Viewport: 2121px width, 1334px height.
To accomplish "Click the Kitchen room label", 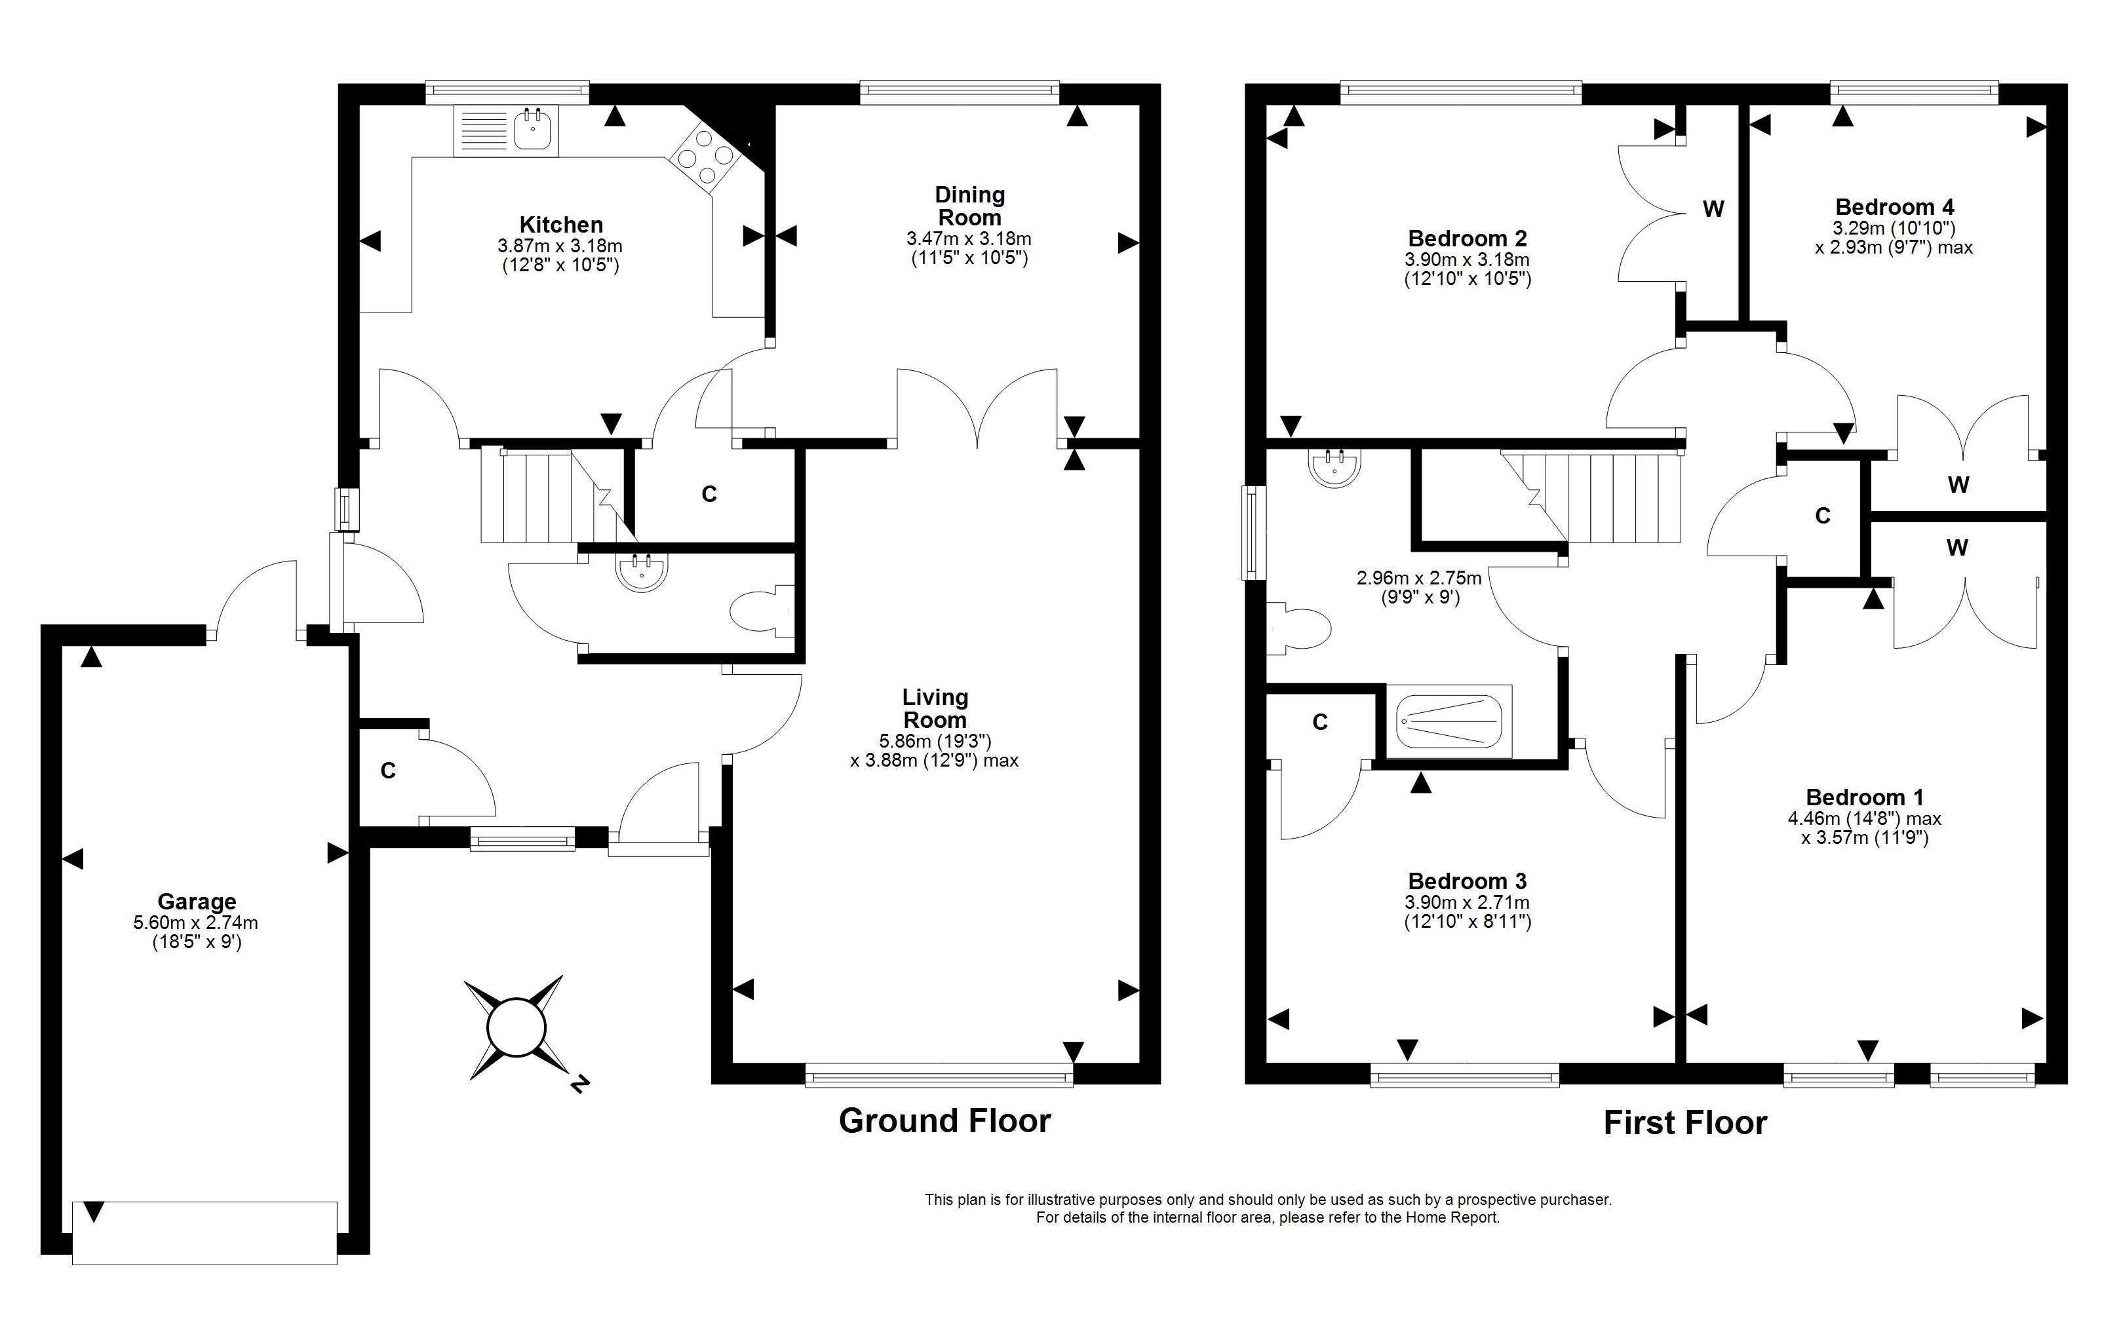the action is (x=561, y=225).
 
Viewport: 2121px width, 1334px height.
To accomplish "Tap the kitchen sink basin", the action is (x=533, y=130).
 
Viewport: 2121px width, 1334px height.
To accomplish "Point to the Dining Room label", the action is (x=970, y=206).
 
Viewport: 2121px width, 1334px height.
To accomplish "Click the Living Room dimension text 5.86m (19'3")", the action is (x=935, y=742).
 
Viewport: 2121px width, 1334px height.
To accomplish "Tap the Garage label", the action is (x=197, y=902).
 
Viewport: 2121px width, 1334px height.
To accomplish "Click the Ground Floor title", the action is (x=945, y=1121).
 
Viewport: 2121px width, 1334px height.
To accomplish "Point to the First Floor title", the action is (x=1685, y=1122).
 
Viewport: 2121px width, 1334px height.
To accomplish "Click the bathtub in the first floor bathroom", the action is (x=1449, y=721).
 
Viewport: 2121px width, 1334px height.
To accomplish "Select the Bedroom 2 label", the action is (x=1468, y=238).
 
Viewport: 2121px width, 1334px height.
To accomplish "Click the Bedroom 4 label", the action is (x=1895, y=207).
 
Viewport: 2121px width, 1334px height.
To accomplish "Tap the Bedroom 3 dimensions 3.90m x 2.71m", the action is (x=1468, y=902).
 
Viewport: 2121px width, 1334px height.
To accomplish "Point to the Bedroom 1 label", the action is (x=1865, y=797).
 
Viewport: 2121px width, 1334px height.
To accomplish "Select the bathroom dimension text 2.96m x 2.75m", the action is (x=1419, y=579).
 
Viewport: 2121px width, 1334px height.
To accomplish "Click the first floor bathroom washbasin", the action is (x=1335, y=467).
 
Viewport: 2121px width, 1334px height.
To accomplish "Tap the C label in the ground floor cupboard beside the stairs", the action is (x=709, y=495).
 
